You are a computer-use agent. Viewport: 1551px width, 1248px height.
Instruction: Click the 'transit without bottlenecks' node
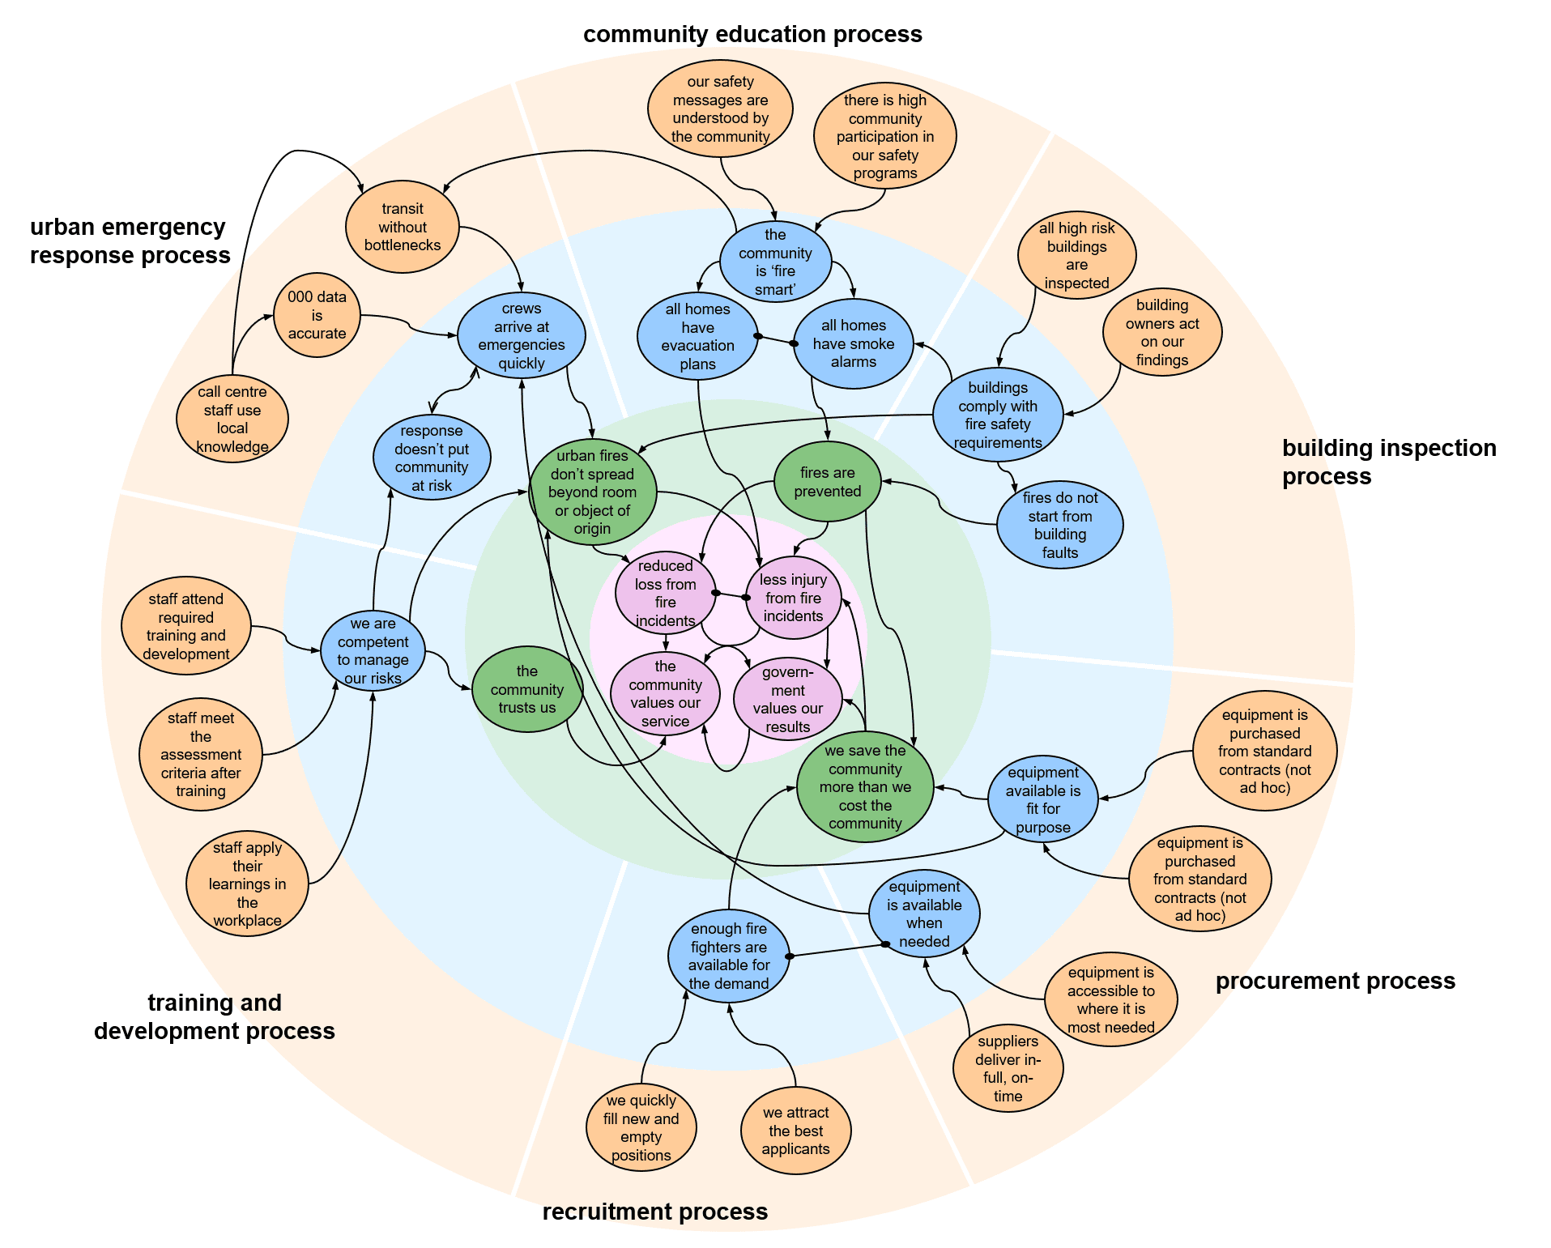tap(403, 227)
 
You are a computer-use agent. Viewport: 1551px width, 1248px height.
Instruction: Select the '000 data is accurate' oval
tap(317, 315)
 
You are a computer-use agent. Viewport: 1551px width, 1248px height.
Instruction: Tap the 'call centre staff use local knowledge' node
tap(232, 419)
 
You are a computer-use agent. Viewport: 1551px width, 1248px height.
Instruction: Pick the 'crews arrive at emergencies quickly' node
tap(522, 335)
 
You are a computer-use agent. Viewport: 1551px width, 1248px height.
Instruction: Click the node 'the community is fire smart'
tap(776, 262)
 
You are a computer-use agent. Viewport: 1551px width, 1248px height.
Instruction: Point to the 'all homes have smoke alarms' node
tap(854, 343)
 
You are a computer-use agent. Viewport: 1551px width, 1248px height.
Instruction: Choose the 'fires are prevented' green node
tap(828, 482)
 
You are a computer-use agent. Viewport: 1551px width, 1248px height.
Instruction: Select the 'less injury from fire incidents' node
tap(794, 598)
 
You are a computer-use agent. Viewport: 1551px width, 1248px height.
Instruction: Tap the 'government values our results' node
tap(788, 699)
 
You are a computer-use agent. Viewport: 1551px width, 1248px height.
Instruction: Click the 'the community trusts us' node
tap(527, 689)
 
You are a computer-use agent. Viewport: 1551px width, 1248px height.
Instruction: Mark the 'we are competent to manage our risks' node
tap(373, 650)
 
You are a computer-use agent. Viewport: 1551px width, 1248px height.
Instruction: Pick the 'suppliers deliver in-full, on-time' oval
tap(1008, 1068)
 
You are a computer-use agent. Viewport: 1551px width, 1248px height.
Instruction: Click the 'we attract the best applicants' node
tap(796, 1131)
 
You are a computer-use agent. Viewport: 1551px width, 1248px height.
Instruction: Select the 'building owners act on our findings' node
tap(1162, 332)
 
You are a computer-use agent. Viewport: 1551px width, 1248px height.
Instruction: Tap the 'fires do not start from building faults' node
tap(1060, 525)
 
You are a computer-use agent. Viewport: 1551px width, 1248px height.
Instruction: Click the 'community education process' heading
tap(752, 34)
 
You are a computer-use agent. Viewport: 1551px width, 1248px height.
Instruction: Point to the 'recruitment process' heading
tap(655, 1212)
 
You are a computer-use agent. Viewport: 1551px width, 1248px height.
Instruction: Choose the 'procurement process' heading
tap(1336, 981)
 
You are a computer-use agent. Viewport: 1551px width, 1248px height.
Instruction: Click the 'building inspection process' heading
tap(1389, 462)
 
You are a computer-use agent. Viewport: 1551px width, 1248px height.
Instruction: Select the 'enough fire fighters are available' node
tap(729, 956)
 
